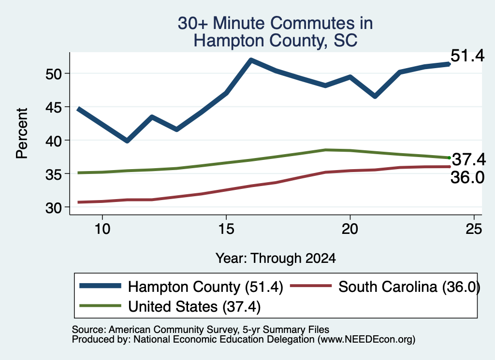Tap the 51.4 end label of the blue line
[467, 56]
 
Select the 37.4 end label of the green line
[469, 159]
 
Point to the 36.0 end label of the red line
[467, 178]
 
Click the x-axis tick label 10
[102, 229]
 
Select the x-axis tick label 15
[226, 229]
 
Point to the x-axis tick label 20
[350, 229]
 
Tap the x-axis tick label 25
[474, 229]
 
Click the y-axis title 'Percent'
[22, 133]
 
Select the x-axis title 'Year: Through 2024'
[276, 258]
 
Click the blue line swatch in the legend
[101, 286]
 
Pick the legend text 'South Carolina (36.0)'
[409, 287]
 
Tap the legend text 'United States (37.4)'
[194, 307]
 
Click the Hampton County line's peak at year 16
[251, 60]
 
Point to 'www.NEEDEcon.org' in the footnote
[366, 340]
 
